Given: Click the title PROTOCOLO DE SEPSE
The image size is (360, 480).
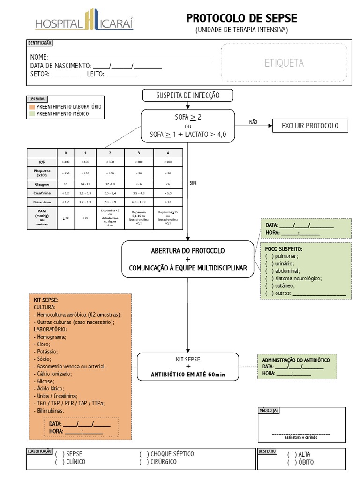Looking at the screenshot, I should (241, 18).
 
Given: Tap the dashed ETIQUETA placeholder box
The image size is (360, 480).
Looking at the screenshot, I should (284, 63).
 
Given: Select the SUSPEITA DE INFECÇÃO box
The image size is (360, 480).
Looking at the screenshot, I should (187, 96).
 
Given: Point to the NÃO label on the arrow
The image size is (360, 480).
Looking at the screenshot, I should (254, 122).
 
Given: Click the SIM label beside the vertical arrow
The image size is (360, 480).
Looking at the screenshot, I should (193, 183).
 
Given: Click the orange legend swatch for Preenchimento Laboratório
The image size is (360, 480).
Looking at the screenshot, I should (32, 107).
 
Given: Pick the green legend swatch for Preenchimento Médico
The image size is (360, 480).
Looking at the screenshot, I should (32, 113).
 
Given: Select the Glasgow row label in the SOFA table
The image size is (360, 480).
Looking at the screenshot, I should (42, 184).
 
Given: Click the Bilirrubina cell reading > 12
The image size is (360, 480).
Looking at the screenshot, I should (168, 202).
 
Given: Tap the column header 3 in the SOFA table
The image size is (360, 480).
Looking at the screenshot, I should (139, 153).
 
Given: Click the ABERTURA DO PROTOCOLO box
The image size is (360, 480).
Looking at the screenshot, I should (188, 259).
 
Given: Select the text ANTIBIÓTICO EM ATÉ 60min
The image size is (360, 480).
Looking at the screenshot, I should (188, 375).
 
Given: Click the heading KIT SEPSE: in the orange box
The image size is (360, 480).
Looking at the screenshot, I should (46, 300).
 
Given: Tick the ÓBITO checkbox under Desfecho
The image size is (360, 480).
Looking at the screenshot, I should (292, 462).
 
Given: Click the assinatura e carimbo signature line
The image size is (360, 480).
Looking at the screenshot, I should (301, 434).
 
